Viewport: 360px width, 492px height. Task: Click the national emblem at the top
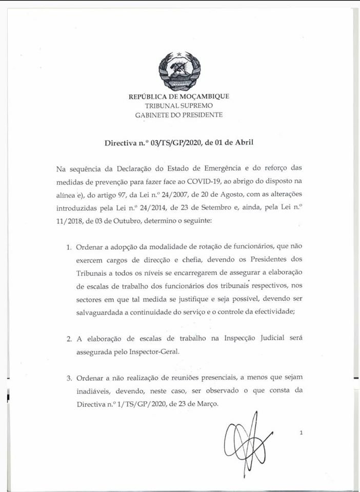[x=179, y=70]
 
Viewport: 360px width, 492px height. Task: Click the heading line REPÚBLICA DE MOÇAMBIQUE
[x=179, y=96]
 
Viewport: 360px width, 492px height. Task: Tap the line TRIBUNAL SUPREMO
[x=179, y=106]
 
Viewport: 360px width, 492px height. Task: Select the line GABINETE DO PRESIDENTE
[x=179, y=115]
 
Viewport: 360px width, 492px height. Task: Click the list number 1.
[x=69, y=247]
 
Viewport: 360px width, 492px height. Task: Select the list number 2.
[x=69, y=339]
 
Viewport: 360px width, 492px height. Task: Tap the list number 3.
[x=69, y=378]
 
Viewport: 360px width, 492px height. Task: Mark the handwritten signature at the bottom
[x=247, y=436]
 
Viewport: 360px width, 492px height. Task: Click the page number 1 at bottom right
[x=302, y=433]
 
